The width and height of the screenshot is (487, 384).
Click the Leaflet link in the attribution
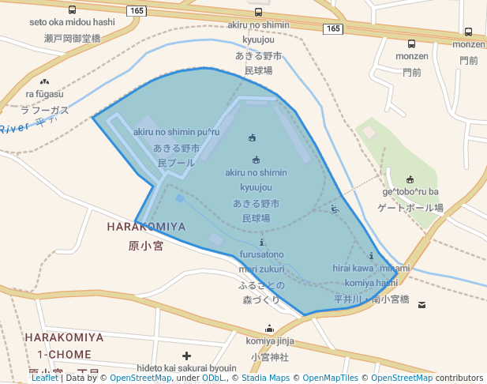coord(44,378)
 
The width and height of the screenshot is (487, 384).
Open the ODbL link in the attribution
coord(213,378)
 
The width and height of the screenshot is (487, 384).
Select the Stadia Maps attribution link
coord(266,378)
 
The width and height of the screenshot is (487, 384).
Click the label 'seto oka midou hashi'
coord(72,22)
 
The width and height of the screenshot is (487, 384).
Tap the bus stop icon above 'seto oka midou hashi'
coord(73,10)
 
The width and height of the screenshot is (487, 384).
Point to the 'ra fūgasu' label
coord(44,94)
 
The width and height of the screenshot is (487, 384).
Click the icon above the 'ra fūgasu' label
coord(44,81)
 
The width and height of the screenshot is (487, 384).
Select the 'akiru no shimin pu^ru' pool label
coord(176,132)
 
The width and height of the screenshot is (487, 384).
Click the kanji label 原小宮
coord(145,246)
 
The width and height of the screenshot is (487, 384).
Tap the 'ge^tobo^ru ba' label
coord(410,192)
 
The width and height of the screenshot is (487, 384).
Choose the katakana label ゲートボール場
coord(410,208)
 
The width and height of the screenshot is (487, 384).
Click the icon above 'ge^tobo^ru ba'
coord(410,179)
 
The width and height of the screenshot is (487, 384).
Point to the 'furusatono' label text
coord(262,254)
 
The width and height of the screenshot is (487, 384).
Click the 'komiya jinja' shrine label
coord(270,341)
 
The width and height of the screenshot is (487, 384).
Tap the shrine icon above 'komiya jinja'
coord(270,329)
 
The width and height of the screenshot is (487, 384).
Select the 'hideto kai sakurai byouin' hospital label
coord(186,368)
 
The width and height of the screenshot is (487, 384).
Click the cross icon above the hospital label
coord(186,356)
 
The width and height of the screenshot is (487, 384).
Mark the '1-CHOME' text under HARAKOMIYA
coord(64,354)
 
